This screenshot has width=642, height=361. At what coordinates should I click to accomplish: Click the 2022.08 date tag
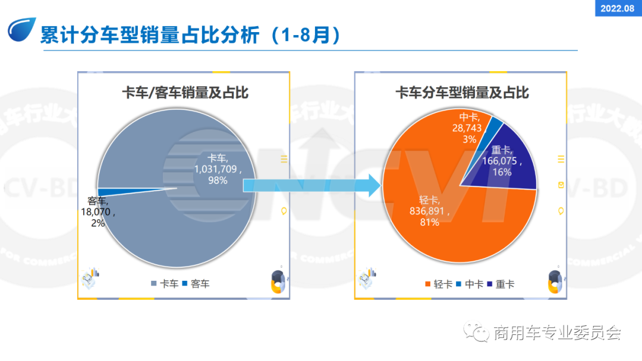(x=618, y=8)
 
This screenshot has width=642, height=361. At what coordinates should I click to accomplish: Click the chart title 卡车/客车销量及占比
(x=185, y=93)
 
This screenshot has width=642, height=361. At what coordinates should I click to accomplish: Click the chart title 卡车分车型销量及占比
(x=462, y=93)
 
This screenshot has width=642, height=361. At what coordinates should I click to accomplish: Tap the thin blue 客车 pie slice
(x=119, y=191)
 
